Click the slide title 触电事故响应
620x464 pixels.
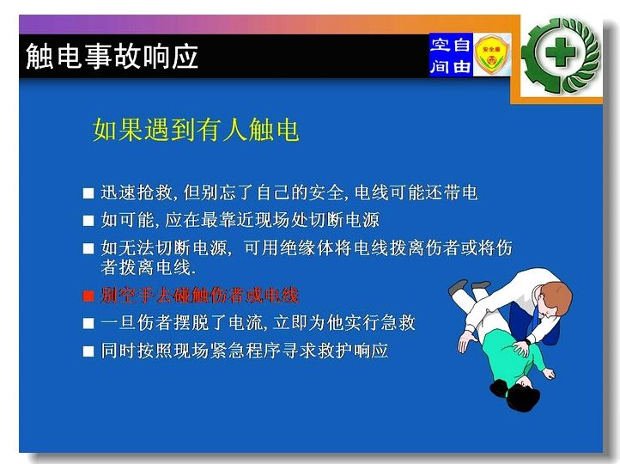coord(112,57)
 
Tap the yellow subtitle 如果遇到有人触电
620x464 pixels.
coord(196,130)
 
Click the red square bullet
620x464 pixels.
coord(88,296)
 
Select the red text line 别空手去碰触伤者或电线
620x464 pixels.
coord(200,295)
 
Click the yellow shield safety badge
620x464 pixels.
coord(491,55)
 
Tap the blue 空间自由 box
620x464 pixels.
coord(451,55)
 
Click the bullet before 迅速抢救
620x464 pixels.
coord(88,193)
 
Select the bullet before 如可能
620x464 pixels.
coord(88,221)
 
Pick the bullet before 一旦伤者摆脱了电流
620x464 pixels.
coord(88,324)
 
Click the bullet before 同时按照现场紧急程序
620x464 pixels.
coord(88,351)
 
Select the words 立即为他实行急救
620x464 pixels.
coord(344,323)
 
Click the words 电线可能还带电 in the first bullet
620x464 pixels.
coord(416,192)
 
